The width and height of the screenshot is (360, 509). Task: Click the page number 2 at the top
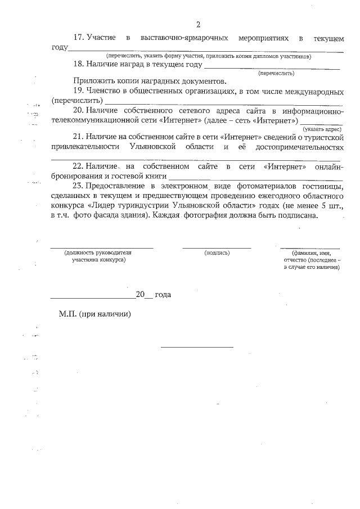coord(198,24)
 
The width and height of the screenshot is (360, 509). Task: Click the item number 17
coord(79,38)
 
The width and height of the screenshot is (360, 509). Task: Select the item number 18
coord(79,65)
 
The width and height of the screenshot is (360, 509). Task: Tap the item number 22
coord(79,167)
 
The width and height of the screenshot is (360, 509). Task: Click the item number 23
coord(79,186)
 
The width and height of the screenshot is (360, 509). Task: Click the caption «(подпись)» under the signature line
coord(217,253)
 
